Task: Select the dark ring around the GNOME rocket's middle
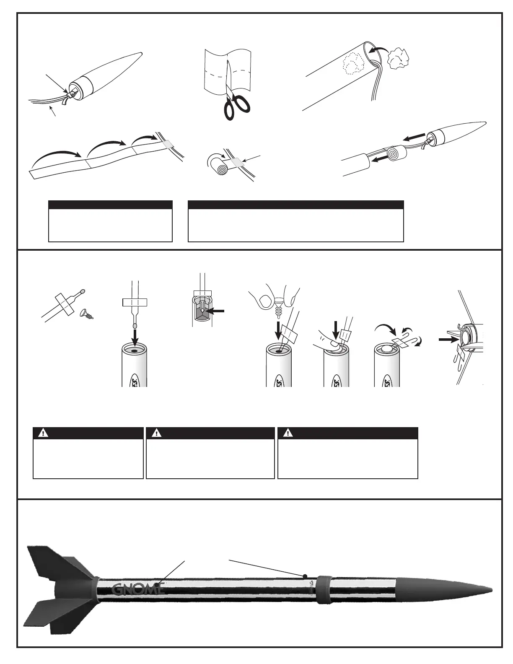(323, 589)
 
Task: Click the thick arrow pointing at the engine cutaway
(217, 311)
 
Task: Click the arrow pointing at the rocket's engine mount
(447, 340)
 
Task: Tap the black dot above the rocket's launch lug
(306, 575)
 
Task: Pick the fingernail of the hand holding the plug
(264, 301)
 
